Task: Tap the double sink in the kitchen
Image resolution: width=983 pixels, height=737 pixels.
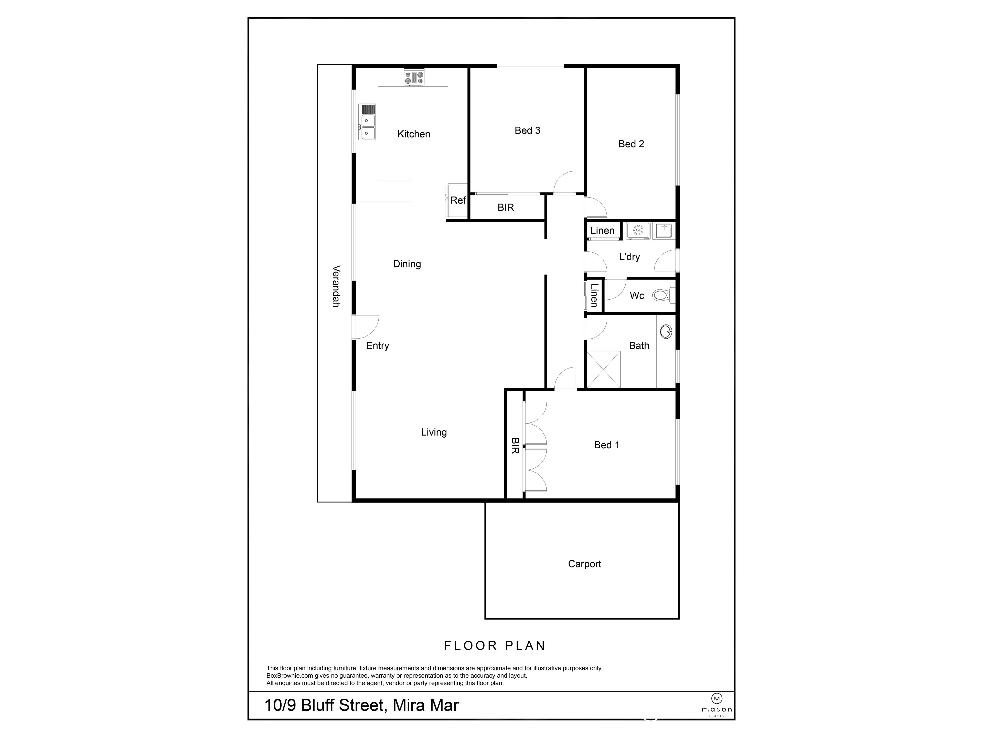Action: [368, 127]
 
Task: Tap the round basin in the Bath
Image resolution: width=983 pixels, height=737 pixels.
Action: [666, 331]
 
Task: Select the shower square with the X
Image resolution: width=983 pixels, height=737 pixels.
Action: [603, 369]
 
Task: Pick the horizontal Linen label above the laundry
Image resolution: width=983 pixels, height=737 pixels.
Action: [602, 231]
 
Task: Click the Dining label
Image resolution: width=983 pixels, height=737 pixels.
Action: [407, 264]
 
